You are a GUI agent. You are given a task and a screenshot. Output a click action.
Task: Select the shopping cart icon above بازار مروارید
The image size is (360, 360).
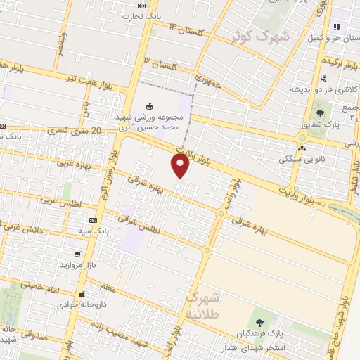click(76, 255)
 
